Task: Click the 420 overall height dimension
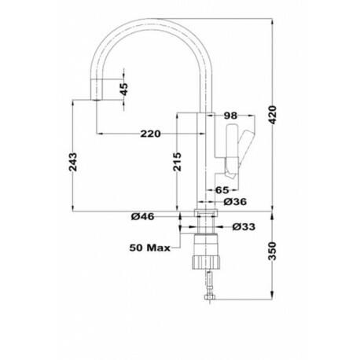273,115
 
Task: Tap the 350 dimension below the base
273,251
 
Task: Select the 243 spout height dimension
73,162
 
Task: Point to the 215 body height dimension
178,162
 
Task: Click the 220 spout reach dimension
150,134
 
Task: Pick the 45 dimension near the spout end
124,90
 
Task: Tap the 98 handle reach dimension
231,116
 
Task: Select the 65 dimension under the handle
222,190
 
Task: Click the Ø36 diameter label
235,202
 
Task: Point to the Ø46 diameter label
143,217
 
